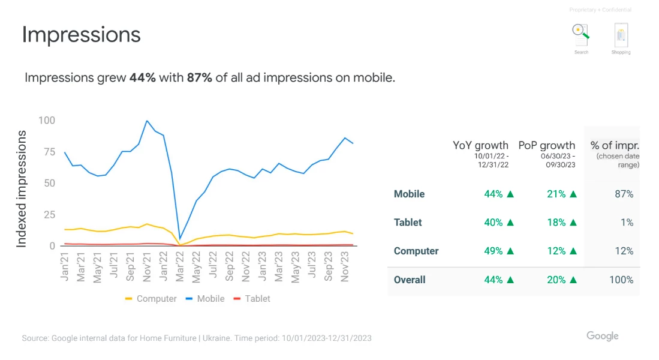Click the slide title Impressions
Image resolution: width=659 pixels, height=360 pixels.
pos(81,35)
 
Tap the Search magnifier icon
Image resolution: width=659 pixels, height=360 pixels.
pos(580,35)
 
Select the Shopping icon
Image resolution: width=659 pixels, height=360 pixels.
pos(621,36)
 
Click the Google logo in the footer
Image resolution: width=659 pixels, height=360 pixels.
pos(602,336)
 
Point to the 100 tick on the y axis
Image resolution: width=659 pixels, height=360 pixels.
pos(46,121)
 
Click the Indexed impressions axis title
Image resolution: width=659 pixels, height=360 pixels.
pos(22,188)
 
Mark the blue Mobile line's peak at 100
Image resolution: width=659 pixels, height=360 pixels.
pos(147,121)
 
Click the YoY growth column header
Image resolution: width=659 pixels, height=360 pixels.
pos(480,145)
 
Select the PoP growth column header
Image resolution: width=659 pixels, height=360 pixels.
pos(546,145)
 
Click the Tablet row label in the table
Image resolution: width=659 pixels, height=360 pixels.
pos(408,223)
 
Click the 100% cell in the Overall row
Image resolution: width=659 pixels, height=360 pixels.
pos(621,280)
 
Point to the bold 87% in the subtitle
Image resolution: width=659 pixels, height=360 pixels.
pos(199,78)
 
